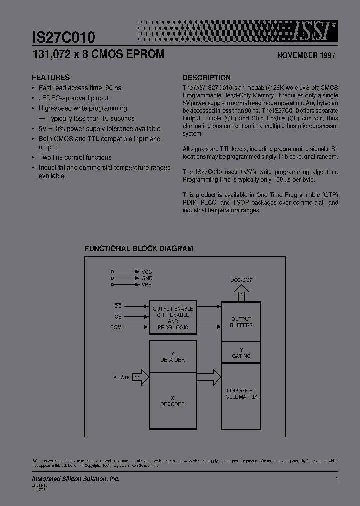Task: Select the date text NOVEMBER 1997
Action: (x=306, y=56)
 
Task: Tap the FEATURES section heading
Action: (x=51, y=78)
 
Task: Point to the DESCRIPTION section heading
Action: (x=206, y=78)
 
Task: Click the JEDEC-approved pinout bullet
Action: (x=73, y=98)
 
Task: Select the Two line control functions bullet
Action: (x=75, y=157)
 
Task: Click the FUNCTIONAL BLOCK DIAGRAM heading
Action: (x=138, y=248)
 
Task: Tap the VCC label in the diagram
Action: (x=147, y=272)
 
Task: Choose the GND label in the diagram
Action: (x=147, y=278)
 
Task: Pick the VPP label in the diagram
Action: (x=147, y=284)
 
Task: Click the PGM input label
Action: (x=116, y=327)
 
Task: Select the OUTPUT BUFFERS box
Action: (x=241, y=322)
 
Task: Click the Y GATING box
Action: (x=241, y=353)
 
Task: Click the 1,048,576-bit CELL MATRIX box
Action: (x=241, y=393)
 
